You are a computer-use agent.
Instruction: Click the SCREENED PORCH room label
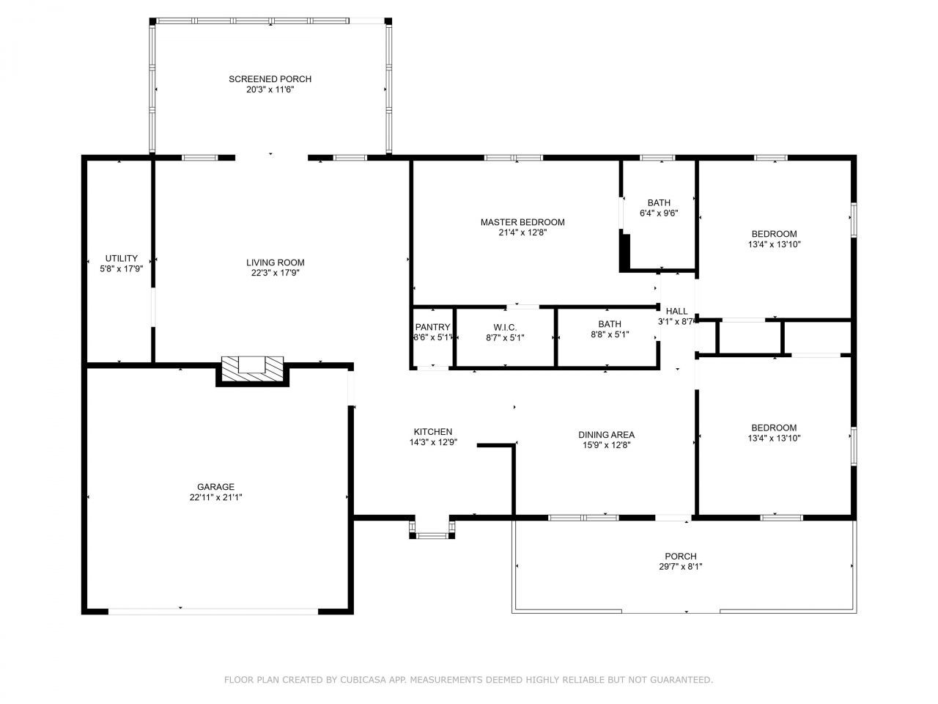click(270, 79)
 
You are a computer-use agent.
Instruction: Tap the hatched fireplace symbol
click(253, 368)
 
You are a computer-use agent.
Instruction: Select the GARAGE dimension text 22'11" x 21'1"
click(215, 497)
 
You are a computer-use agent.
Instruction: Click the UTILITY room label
click(121, 258)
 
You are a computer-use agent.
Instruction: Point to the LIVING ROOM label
click(275, 263)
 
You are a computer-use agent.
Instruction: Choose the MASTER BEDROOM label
click(522, 222)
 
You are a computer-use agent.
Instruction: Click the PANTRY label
click(432, 327)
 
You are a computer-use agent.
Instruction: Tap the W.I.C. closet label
click(505, 327)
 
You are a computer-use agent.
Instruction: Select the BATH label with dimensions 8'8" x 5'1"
click(610, 324)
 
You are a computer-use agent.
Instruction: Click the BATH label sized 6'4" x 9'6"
click(658, 203)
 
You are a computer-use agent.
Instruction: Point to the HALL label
click(676, 311)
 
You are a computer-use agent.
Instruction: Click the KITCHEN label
click(433, 432)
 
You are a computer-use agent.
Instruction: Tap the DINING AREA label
click(606, 435)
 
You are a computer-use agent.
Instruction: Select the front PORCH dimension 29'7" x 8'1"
click(681, 567)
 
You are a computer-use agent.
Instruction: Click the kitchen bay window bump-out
click(432, 530)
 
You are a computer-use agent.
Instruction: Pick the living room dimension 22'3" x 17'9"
click(275, 273)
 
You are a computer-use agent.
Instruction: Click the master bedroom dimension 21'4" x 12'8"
click(522, 232)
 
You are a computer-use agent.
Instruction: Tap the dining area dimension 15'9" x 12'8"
click(606, 444)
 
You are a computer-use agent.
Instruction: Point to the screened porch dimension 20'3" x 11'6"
click(270, 89)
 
